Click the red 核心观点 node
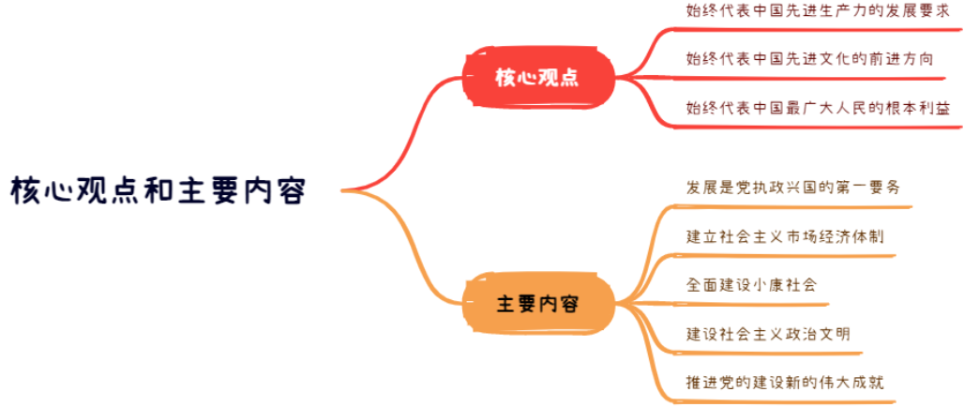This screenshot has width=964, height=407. [x=535, y=77]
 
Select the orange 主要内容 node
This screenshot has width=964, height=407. [x=535, y=304]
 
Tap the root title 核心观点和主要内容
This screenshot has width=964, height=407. [x=158, y=189]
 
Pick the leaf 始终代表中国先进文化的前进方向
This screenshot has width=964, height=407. [x=809, y=58]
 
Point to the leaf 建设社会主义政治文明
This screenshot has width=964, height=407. [x=769, y=333]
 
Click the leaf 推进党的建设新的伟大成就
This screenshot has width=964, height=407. [x=785, y=382]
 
